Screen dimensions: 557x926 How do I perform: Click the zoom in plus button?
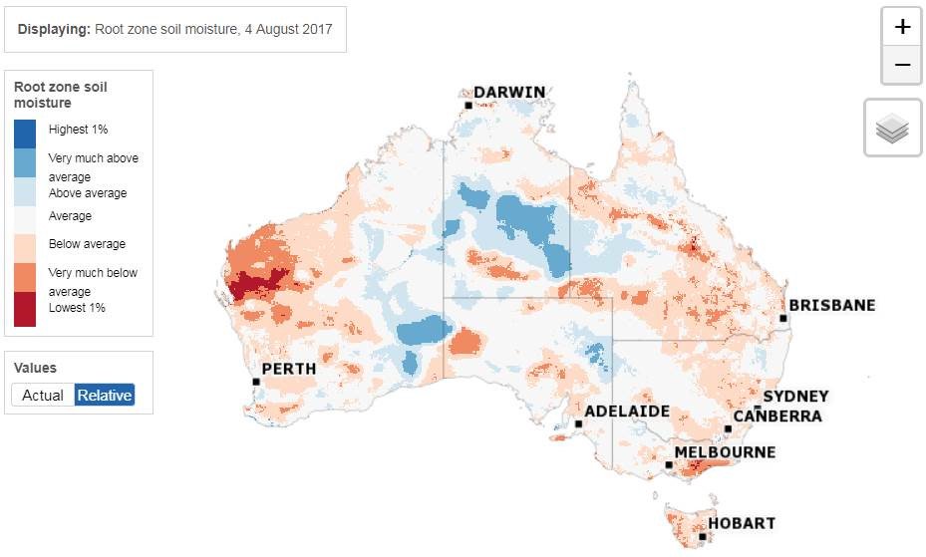902,27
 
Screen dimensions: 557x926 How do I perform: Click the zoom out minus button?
902,65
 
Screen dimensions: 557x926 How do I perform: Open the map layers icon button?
892,129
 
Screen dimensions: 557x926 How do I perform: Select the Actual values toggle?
43,395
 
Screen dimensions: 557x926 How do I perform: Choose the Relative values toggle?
105,395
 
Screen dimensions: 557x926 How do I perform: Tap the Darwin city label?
509,93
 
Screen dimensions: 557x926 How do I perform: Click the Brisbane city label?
831,305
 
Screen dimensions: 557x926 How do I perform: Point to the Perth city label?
288,369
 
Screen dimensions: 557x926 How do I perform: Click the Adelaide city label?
626,411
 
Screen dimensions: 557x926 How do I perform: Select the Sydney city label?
795,397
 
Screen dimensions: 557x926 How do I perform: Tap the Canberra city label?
777,416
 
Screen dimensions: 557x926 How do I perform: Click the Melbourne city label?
725,452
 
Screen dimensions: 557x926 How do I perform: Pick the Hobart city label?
742,523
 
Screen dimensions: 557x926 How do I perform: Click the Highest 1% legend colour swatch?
26,134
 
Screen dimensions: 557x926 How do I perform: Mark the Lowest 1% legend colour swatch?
26,310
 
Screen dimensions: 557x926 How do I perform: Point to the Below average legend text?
87,244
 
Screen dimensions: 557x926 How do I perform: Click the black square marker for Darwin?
467,105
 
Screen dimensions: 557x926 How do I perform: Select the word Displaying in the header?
54,30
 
